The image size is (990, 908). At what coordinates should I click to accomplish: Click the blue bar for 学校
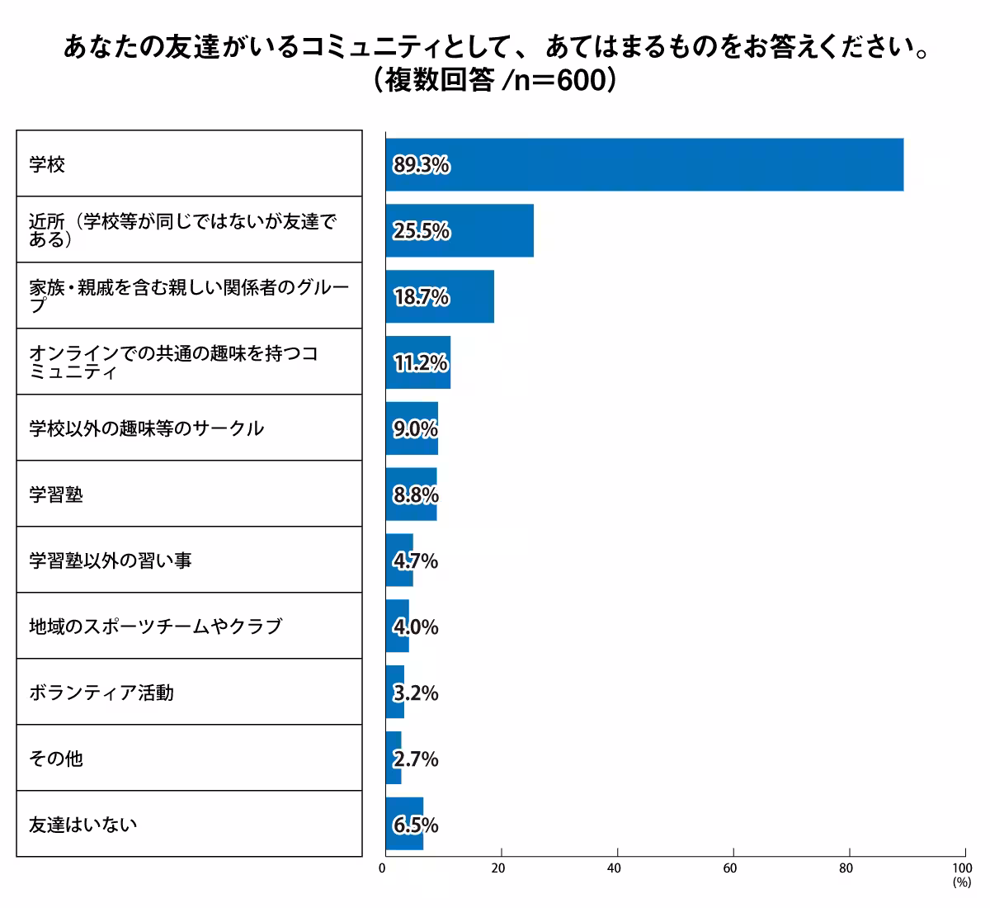point(643,165)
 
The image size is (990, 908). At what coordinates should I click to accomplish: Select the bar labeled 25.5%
point(459,230)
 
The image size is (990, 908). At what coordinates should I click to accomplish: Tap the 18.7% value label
point(421,297)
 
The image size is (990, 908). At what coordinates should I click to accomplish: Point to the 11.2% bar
point(417,362)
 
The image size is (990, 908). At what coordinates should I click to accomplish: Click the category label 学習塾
point(56,494)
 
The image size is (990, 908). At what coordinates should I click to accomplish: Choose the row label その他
point(56,759)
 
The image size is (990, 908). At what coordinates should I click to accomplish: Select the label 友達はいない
point(82,825)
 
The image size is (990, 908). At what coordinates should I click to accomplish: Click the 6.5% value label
point(416,825)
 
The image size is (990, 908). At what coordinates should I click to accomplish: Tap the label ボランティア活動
point(101,693)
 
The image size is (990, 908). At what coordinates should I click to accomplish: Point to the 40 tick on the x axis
point(614,868)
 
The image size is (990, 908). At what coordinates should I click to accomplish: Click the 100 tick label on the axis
point(962,868)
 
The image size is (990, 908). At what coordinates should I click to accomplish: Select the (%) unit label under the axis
point(962,882)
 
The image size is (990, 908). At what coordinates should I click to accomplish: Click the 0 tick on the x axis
point(382,868)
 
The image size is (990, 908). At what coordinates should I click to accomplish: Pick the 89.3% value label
point(421,165)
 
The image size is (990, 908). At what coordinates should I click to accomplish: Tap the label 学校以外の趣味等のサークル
point(146,428)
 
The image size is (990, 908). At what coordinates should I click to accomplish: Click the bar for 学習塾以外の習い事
point(399,560)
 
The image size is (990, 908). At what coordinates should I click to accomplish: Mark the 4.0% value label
point(416,627)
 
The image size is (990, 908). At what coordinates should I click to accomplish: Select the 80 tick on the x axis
point(846,868)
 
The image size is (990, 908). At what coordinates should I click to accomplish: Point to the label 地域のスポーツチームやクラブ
point(155,627)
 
